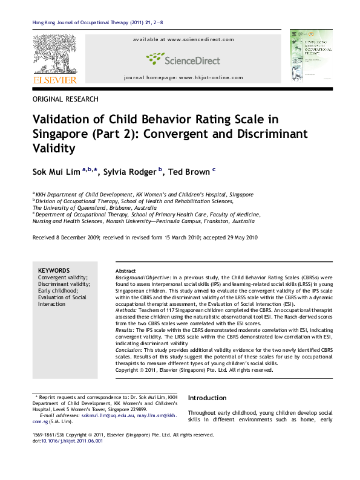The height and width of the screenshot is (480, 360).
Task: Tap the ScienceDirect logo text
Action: pos(184,59)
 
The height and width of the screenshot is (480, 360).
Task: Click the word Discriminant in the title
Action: pos(275,133)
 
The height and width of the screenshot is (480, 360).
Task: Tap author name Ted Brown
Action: pos(189,172)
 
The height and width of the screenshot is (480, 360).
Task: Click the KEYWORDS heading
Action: pos(54,270)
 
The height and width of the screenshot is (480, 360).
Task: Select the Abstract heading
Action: pos(125,270)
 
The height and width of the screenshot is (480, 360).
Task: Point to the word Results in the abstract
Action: pos(125,330)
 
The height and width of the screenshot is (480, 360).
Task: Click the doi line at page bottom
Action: pos(67,441)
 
